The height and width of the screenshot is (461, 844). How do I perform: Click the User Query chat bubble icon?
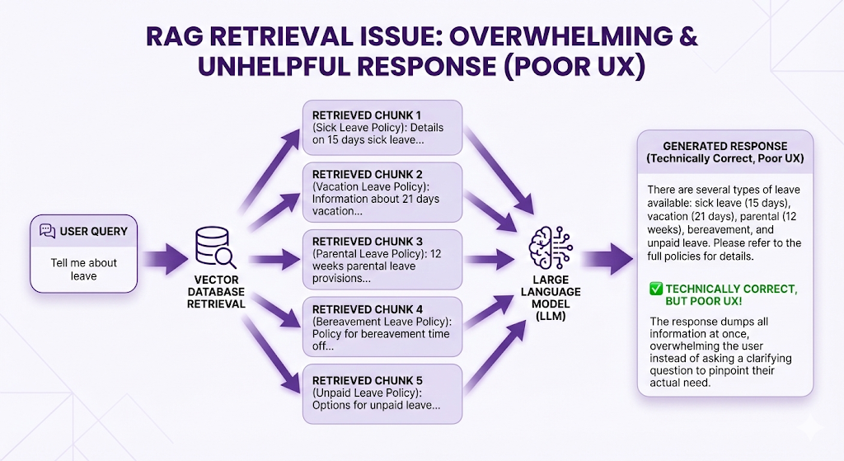click(48, 231)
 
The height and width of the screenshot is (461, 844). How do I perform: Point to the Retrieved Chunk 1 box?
click(382, 127)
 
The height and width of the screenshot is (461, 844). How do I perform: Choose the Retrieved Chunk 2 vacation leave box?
click(382, 192)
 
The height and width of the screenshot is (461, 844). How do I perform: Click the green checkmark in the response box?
click(656, 289)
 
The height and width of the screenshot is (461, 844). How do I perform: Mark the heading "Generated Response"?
click(725, 146)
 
